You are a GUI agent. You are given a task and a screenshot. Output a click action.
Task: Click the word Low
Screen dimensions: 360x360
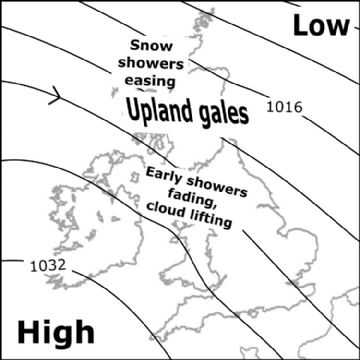[321, 26]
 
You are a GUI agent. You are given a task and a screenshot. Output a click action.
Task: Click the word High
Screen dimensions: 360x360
[56, 331]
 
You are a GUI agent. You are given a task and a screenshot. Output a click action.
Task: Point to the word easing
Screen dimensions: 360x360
[152, 80]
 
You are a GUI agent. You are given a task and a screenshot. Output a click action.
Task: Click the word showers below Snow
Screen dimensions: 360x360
[152, 63]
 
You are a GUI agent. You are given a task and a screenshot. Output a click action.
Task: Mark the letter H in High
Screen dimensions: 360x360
[30, 330]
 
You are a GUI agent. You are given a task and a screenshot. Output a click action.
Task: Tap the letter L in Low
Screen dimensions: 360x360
[301, 26]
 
